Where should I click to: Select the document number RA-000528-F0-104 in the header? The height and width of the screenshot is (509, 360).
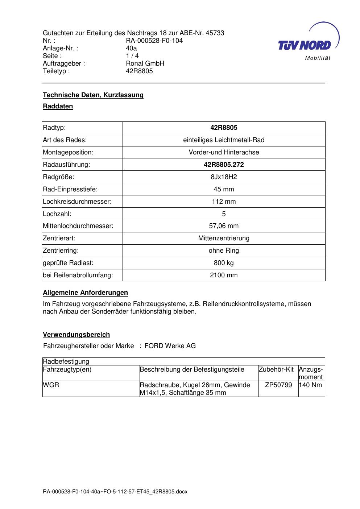[x=154, y=41]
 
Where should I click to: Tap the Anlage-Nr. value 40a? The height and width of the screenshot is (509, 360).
[x=131, y=48]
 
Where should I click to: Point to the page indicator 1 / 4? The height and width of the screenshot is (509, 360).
[x=132, y=56]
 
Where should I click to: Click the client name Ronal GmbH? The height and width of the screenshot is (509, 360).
[x=145, y=63]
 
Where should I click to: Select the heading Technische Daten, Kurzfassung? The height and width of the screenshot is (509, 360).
[x=93, y=95]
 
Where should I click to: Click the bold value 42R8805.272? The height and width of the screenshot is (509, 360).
[x=224, y=165]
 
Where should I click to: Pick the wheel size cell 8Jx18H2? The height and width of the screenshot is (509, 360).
[x=224, y=177]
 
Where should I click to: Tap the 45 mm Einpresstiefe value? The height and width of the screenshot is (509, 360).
[x=224, y=189]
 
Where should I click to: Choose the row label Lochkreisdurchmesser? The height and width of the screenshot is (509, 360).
[x=77, y=202]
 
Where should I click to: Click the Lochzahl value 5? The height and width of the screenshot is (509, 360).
[x=224, y=214]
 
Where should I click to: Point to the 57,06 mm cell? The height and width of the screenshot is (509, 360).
[x=224, y=226]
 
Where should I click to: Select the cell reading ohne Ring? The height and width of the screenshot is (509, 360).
[x=224, y=251]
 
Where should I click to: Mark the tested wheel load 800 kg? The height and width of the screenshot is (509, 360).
[x=224, y=263]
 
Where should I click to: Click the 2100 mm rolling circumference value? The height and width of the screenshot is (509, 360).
[x=224, y=275]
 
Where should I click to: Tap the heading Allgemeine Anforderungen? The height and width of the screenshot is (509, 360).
[x=85, y=293]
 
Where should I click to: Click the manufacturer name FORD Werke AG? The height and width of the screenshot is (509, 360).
[x=170, y=346]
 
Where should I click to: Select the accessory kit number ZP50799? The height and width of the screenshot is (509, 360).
[x=278, y=385]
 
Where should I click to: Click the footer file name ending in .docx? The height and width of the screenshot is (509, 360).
[x=115, y=492]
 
